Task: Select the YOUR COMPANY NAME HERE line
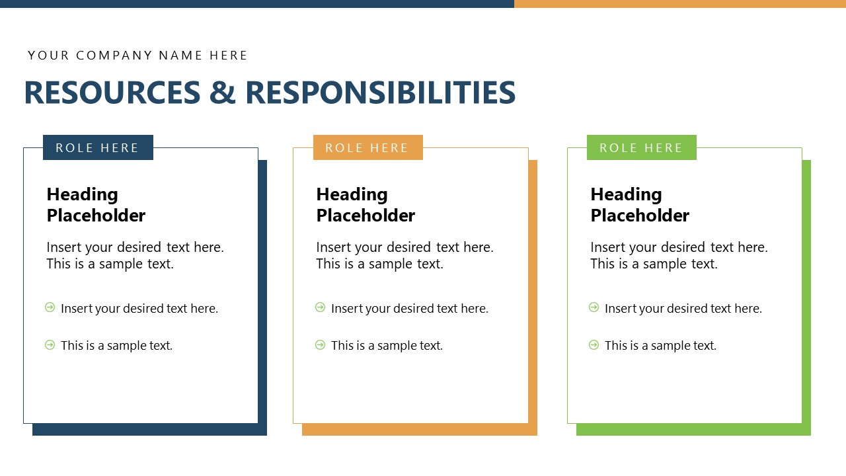point(137,56)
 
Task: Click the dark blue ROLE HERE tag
point(98,147)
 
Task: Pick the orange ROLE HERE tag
point(368,147)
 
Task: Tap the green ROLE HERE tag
point(642,147)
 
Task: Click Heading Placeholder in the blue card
point(96,205)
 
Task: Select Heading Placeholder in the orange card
point(365,205)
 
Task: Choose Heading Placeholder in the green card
point(640,205)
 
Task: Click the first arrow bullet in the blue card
point(50,307)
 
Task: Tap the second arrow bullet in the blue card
point(50,344)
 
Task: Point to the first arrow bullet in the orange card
point(320,307)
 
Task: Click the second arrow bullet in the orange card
point(320,344)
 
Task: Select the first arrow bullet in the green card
point(594,307)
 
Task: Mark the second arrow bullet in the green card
point(594,344)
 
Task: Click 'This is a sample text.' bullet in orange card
point(387,345)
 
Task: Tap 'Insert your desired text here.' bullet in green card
point(683,308)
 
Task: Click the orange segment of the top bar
point(680,4)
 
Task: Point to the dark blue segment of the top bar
point(257,4)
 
